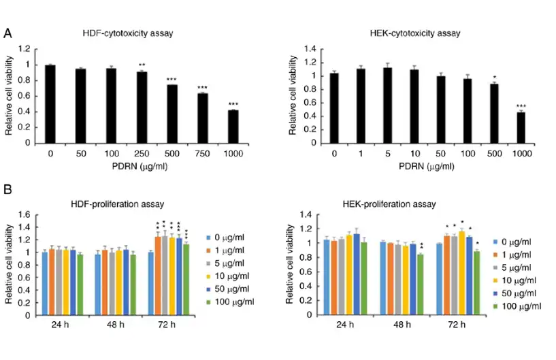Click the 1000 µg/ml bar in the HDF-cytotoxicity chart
click(233, 127)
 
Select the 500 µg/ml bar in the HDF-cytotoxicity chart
click(171, 114)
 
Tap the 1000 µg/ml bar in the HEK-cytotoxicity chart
click(521, 128)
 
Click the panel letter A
click(7, 33)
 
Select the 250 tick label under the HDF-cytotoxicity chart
click(141, 154)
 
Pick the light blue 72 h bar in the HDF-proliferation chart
click(150, 284)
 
